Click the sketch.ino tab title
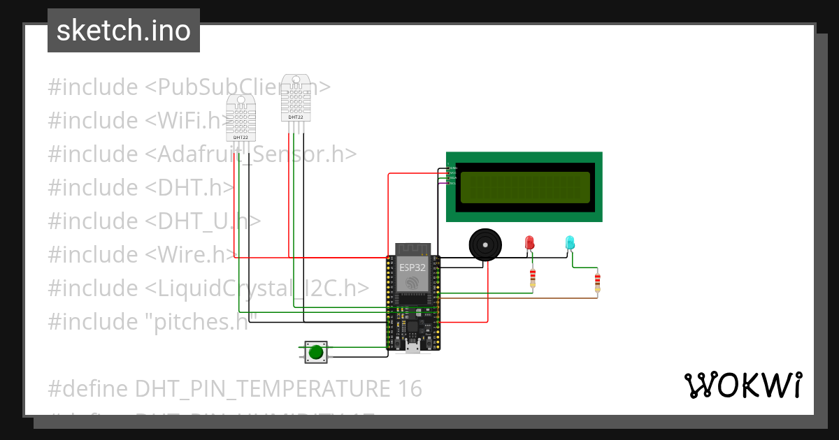click(x=123, y=31)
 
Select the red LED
click(x=529, y=242)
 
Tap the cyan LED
click(x=570, y=242)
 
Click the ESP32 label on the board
click(x=412, y=267)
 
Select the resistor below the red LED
click(x=533, y=279)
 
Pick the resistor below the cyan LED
click(x=596, y=283)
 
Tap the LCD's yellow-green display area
click(x=524, y=186)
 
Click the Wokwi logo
click(x=743, y=386)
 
